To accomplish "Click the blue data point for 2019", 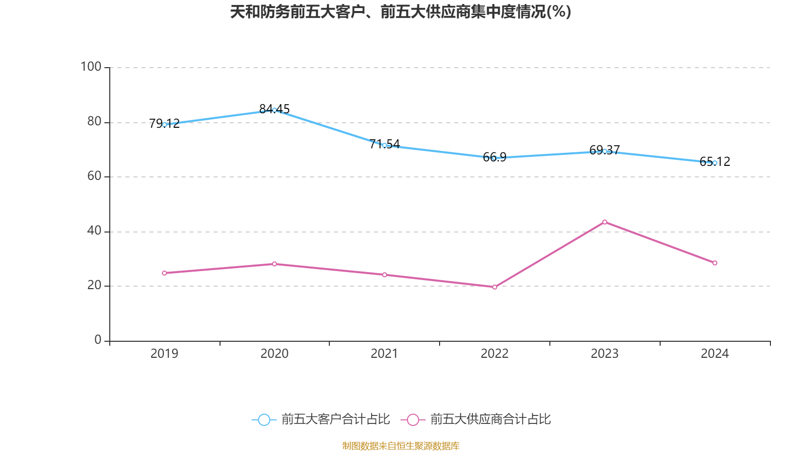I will point(164,124).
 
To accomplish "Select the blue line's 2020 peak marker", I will point(274,110).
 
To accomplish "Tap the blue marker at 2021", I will point(384,145).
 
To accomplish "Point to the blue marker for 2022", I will point(494,158).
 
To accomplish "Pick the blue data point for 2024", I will point(715,163).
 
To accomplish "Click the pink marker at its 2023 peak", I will point(605,222).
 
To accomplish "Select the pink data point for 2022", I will point(494,287).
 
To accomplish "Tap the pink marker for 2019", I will point(164,273).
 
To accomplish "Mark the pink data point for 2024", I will point(715,263).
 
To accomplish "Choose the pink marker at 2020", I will point(274,264).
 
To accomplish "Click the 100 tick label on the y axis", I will point(91,67).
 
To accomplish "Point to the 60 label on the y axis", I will point(94,176).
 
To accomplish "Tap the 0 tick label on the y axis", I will point(98,340).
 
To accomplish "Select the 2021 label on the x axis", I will point(384,354).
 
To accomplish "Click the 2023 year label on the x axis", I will point(605,354).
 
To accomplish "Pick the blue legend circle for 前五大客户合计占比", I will point(264,419).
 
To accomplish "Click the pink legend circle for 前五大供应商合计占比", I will point(413,419).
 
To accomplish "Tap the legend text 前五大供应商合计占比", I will point(490,419).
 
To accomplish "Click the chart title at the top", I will point(400,12).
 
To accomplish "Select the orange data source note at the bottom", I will point(400,445).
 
